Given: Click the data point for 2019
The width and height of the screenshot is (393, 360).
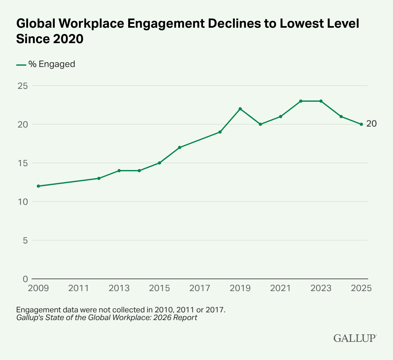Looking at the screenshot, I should pos(240,109).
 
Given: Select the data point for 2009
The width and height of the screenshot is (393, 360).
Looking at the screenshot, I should pos(38,186).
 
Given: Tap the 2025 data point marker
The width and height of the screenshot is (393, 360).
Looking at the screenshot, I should pos(361,124).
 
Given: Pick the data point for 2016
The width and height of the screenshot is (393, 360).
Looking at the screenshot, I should pos(180,147).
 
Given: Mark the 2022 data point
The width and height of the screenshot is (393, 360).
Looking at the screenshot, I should pos(301,101).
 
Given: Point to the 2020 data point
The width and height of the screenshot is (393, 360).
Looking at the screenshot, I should pos(260,124).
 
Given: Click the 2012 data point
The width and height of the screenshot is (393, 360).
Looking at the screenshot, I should pos(99,178).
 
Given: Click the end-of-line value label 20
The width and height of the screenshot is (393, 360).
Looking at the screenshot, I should pos(371,124).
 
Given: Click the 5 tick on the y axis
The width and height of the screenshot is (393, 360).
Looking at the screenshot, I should pos(25,241).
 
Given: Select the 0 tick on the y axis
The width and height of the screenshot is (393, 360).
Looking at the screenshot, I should pos(25,279).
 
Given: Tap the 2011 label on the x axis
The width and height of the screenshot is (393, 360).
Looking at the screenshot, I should pos(79,288).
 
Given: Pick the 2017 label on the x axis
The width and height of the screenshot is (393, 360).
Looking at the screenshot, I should pos(200,288).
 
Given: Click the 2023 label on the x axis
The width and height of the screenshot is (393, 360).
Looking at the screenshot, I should pos(321,288).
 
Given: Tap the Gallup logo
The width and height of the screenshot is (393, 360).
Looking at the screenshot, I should pos(355,338).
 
